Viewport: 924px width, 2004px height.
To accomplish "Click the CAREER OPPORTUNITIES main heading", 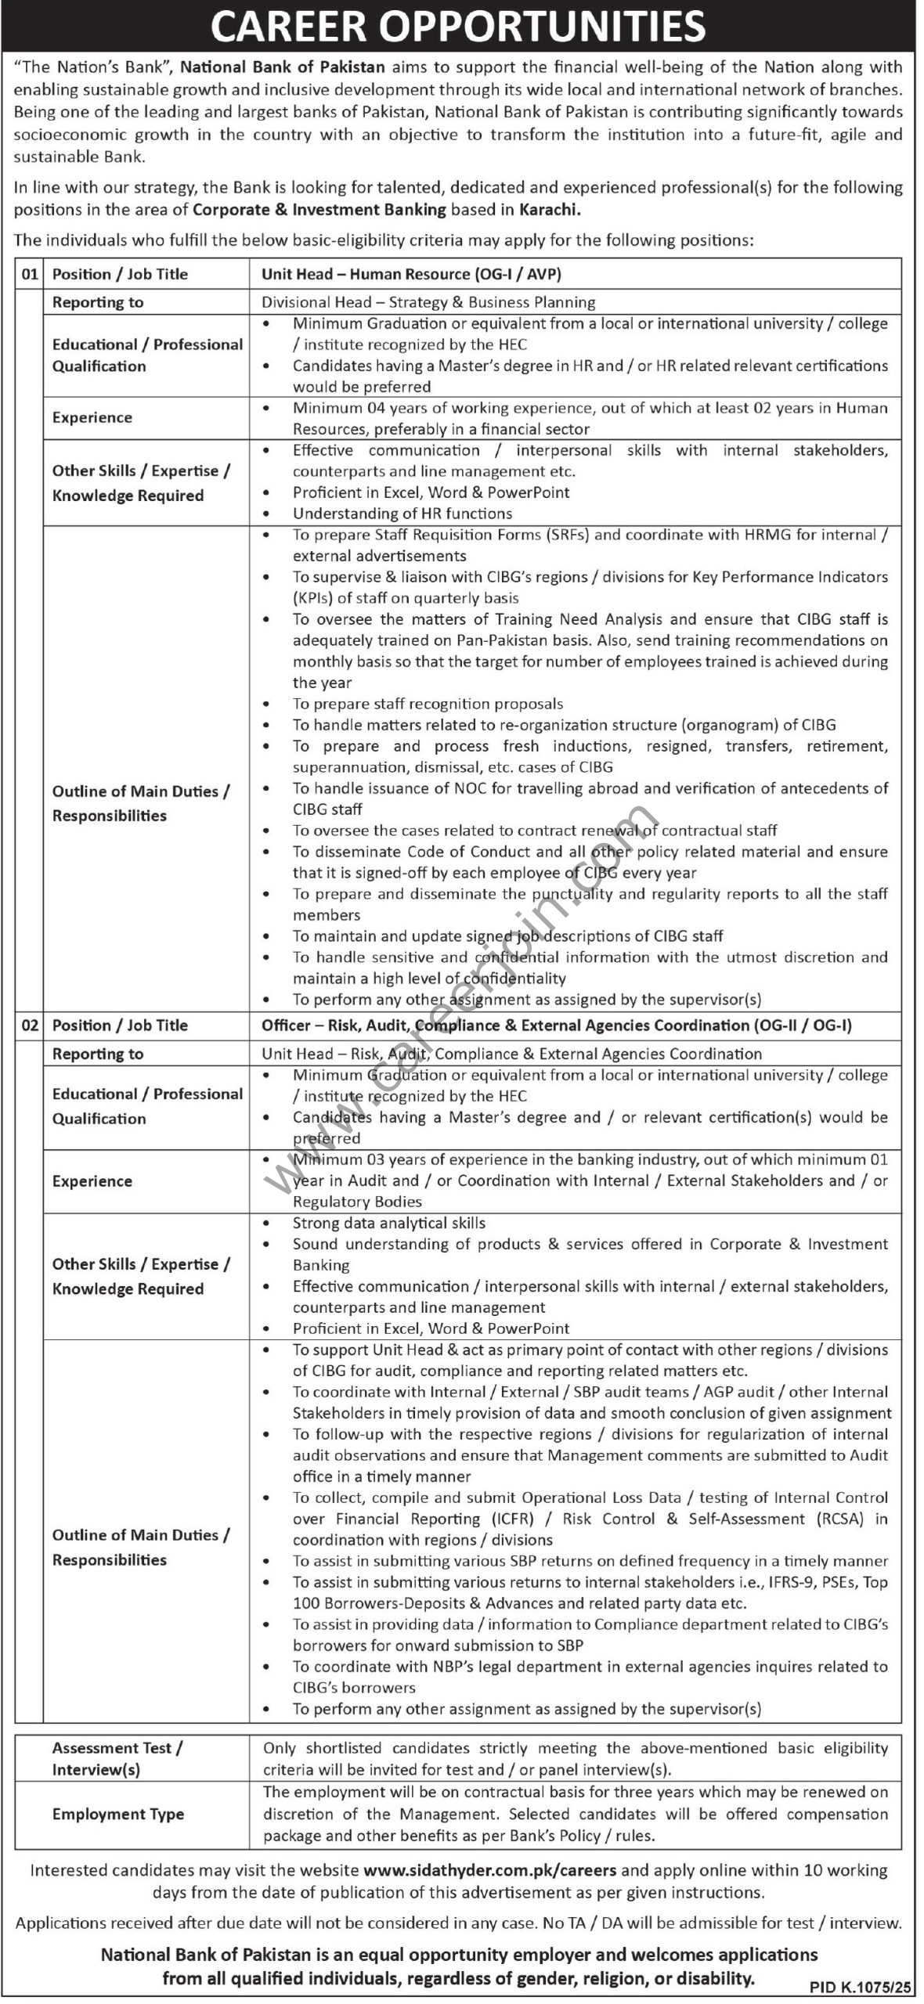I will click(x=458, y=27).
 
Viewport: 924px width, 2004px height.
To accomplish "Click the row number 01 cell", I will click(x=29, y=274).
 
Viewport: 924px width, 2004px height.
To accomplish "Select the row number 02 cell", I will click(x=29, y=1025).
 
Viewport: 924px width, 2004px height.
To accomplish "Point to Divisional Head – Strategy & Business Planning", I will click(x=428, y=302).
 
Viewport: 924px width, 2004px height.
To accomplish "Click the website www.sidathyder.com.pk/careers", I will click(x=490, y=1870).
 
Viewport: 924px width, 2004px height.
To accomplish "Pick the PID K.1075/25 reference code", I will click(x=858, y=1987).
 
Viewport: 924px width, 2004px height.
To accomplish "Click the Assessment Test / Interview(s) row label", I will click(x=117, y=1758).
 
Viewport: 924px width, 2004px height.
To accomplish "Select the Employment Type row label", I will click(x=118, y=1814).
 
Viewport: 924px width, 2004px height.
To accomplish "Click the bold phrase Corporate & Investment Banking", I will click(x=319, y=210).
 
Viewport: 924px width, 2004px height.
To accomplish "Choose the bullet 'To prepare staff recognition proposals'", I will click(x=428, y=704).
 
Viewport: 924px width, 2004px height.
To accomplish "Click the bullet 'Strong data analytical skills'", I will click(x=389, y=1223).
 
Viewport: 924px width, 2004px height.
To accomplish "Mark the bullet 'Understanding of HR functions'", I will click(x=402, y=514).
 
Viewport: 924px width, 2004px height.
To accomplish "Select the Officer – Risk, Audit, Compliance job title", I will click(x=557, y=1025).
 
